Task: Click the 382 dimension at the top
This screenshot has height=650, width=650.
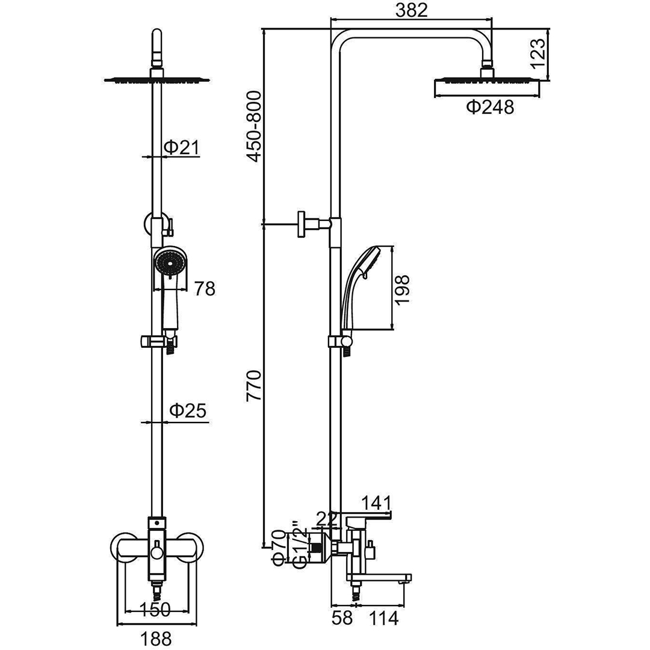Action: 411,10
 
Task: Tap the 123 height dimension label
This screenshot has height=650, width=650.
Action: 537,54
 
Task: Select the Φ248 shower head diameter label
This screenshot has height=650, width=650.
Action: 490,107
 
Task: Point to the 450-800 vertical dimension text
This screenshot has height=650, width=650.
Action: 254,126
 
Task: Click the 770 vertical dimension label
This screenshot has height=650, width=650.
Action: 254,386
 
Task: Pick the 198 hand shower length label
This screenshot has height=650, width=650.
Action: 402,289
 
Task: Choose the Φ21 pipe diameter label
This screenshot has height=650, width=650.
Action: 182,147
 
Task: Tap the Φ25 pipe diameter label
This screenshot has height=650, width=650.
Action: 188,410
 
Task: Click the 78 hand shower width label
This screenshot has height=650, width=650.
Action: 205,289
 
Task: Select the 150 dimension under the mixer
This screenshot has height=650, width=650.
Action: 155,609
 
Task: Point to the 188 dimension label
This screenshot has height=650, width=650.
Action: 156,639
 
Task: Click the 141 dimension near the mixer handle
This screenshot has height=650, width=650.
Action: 376,504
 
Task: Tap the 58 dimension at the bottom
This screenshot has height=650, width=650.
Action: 342,618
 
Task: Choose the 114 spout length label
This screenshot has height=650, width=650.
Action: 382,618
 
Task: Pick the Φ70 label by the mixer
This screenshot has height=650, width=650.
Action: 279,548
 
